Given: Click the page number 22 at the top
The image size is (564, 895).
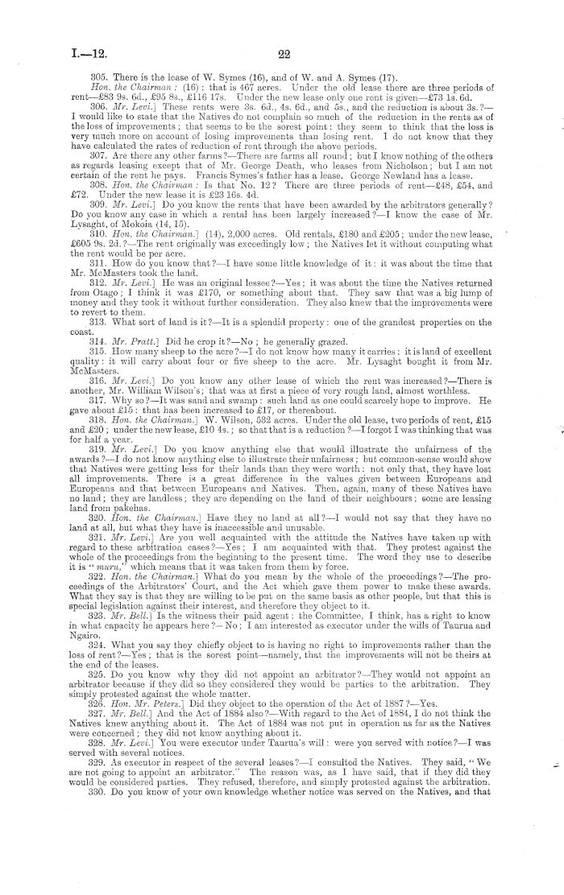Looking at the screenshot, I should click(283, 54).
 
